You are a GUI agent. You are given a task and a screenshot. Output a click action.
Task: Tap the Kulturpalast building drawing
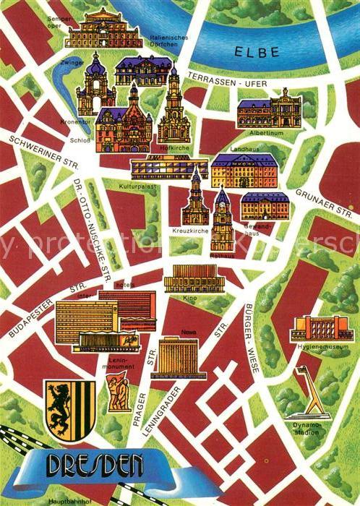pos(168,168)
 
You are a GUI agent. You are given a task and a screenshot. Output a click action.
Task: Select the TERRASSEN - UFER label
pos(226,80)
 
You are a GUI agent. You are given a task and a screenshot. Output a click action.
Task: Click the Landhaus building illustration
pos(243,170)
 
